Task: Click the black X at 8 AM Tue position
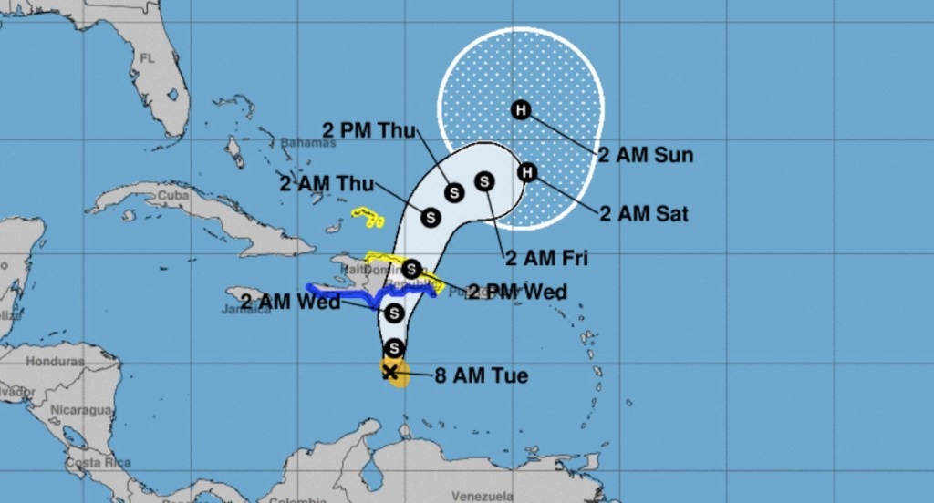390,372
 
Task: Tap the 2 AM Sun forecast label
645,154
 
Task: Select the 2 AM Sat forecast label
644,214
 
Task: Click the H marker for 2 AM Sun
521,110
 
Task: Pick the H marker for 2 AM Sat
527,172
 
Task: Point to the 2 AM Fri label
546,258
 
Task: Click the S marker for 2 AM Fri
484,181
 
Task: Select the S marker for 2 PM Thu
454,192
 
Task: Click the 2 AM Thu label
327,183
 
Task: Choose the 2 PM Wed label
517,292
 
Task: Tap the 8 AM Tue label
481,375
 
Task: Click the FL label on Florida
148,57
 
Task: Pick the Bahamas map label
302,143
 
